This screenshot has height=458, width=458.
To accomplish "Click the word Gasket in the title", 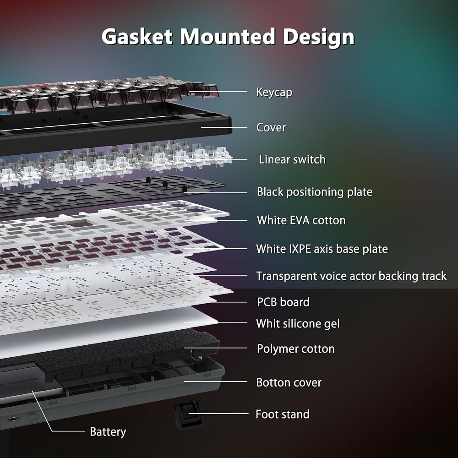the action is pyautogui.click(x=137, y=37).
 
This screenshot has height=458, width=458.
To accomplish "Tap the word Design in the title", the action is pyautogui.click(x=319, y=38).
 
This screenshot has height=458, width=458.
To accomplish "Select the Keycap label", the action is pyautogui.click(x=274, y=93).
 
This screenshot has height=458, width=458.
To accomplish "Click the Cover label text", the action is pyautogui.click(x=271, y=127).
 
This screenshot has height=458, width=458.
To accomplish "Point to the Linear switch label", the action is pyautogui.click(x=292, y=159).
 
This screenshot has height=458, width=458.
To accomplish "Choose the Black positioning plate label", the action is pyautogui.click(x=315, y=192).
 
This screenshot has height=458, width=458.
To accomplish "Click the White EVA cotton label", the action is pyautogui.click(x=301, y=220).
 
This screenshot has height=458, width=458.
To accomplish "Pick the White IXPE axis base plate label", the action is pyautogui.click(x=322, y=249).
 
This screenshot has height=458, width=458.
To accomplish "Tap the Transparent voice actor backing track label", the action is pyautogui.click(x=351, y=276).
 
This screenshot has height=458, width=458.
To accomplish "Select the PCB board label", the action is pyautogui.click(x=283, y=302).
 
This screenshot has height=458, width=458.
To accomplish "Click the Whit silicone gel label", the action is pyautogui.click(x=298, y=324).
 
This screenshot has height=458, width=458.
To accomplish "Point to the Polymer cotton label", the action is pyautogui.click(x=295, y=349).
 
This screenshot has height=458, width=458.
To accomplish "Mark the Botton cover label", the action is pyautogui.click(x=289, y=382).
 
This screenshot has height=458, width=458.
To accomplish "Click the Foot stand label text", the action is pyautogui.click(x=283, y=414).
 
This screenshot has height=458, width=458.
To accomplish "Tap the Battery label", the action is pyautogui.click(x=108, y=432).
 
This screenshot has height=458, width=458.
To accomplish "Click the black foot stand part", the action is pyautogui.click(x=187, y=414).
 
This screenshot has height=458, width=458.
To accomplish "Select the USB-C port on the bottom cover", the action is pyautogui.click(x=13, y=420).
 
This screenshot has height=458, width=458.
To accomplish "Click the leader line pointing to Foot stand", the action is pyautogui.click(x=218, y=413).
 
